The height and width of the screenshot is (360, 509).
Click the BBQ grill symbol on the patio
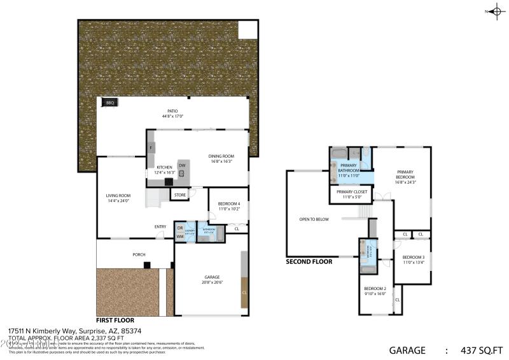point(109,102)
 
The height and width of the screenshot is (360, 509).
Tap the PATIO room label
point(172,111)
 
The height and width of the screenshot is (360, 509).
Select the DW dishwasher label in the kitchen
point(182,165)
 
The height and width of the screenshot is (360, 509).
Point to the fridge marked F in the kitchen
point(151,148)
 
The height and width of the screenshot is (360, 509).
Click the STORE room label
point(180,195)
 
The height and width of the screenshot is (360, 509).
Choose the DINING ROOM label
point(221,156)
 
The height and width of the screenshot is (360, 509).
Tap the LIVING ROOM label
point(118,195)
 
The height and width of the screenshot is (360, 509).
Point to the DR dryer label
point(180,228)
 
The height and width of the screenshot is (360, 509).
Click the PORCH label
point(139,254)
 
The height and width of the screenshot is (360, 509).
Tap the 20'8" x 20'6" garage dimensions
point(212,282)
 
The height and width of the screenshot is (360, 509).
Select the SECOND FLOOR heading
point(309,261)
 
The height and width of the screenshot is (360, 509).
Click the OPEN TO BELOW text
point(314,219)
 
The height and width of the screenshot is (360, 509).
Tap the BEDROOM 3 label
point(413,256)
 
